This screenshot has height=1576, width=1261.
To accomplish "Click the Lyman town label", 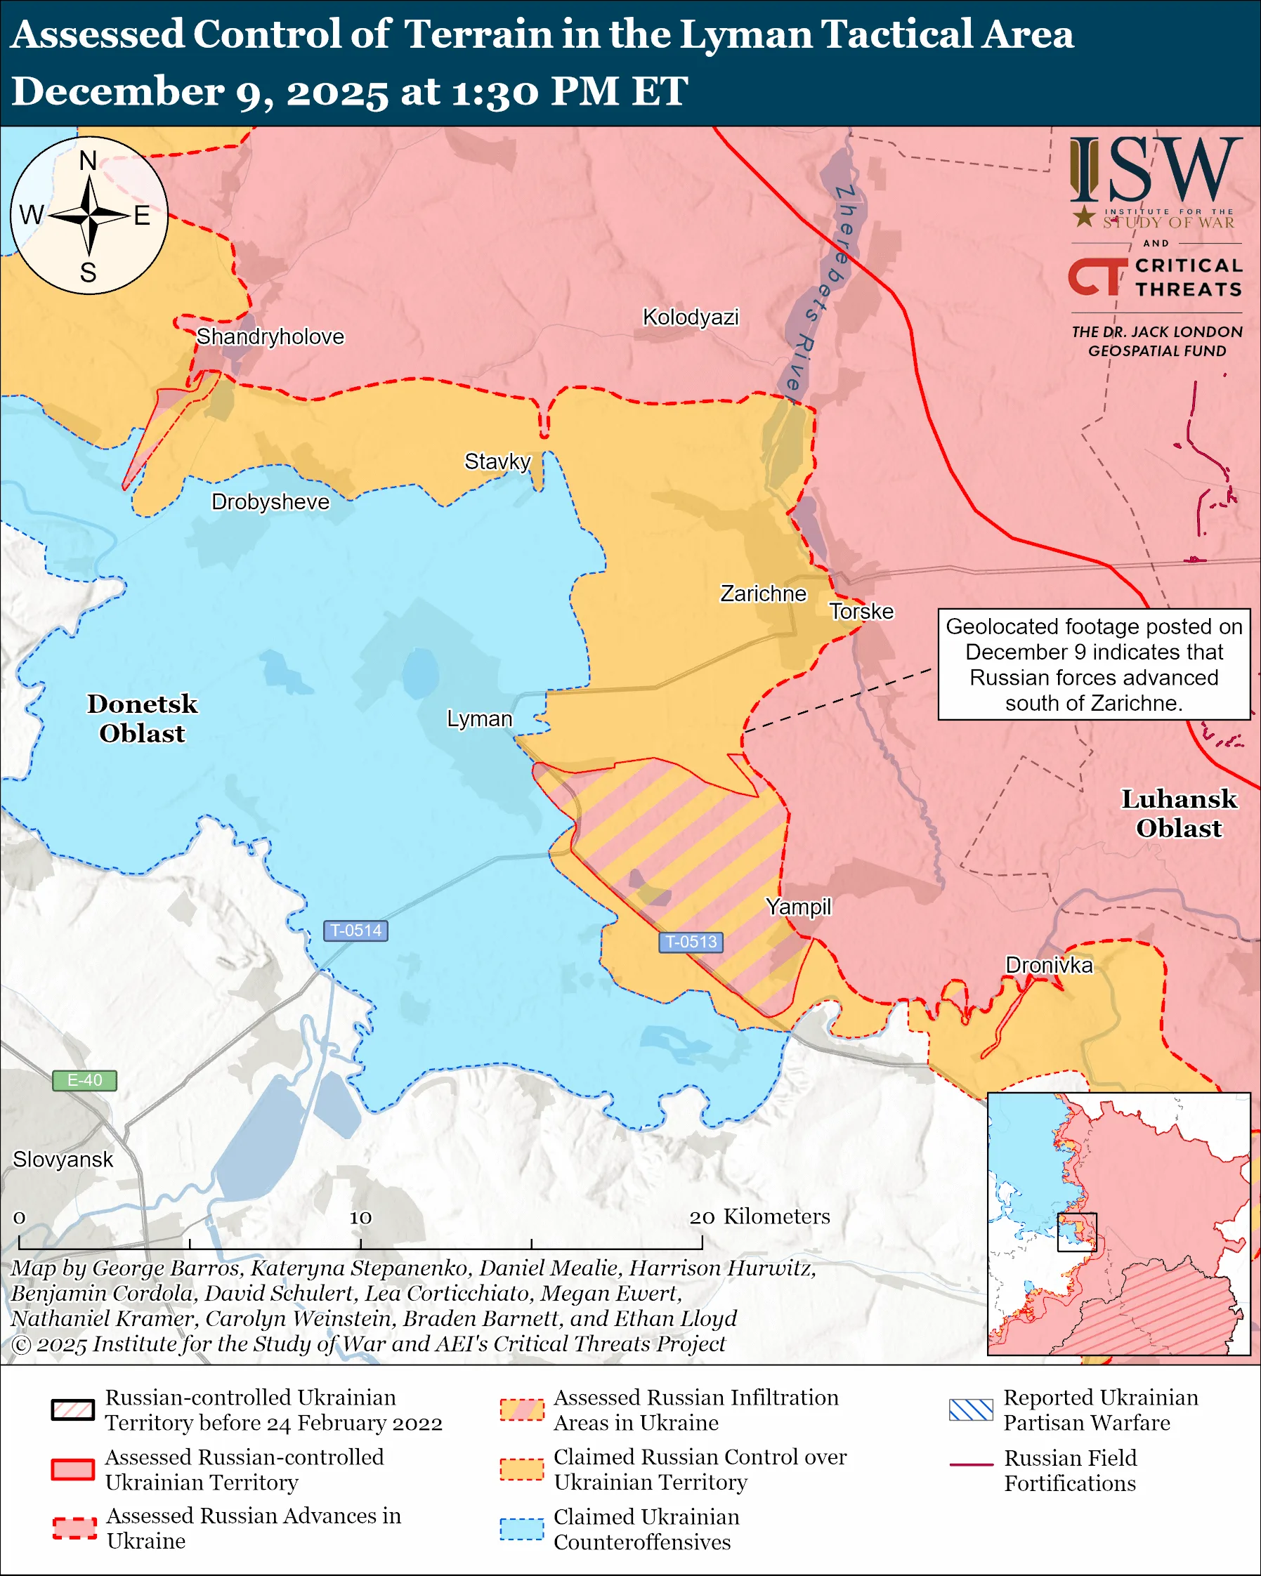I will [480, 719].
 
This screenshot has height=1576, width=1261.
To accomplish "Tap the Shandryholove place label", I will [270, 337].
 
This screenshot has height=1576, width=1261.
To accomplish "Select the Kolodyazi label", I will [690, 317].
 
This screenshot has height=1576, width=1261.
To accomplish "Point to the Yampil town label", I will [798, 907].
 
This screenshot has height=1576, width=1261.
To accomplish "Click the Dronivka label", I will [1049, 965].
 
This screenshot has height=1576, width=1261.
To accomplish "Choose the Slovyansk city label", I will [63, 1160].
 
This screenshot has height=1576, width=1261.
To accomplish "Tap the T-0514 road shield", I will [356, 931].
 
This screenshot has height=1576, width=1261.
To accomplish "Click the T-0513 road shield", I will [691, 942].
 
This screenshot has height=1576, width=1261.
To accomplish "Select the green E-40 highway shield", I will [84, 1080].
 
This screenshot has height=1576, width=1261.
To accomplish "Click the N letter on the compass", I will [88, 160].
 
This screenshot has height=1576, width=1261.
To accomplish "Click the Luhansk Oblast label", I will [1178, 813].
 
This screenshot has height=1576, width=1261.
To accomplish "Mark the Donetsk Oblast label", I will [143, 718].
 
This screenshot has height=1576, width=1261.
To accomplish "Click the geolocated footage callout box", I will [1094, 664].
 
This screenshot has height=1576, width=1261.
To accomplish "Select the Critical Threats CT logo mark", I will [1097, 275].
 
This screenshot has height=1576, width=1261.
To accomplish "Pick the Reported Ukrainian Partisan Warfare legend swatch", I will [971, 1410].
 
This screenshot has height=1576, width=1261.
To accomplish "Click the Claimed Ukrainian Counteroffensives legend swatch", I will [522, 1529].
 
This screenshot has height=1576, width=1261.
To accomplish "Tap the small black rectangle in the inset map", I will [1077, 1232].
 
